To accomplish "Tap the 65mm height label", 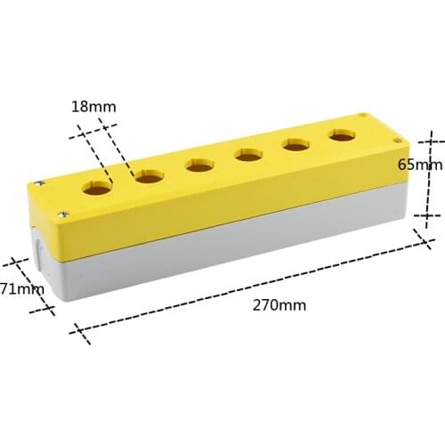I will click(419, 165).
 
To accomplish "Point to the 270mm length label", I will click(279, 304).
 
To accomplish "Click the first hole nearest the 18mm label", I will click(98, 188).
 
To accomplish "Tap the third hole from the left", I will click(199, 165).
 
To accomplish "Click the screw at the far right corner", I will click(363, 116).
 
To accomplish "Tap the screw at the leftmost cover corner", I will click(39, 182).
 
